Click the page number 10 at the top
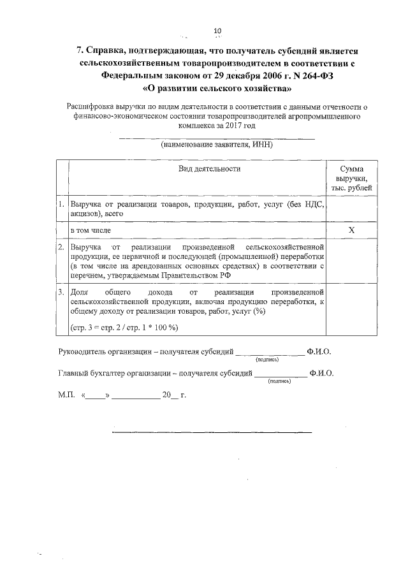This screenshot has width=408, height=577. pyautogui.click(x=217, y=31)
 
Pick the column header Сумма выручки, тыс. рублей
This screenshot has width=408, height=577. pyautogui.click(x=352, y=179)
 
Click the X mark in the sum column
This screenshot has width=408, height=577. pyautogui.click(x=351, y=229)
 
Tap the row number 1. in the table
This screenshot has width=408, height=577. pyautogui.click(x=61, y=205)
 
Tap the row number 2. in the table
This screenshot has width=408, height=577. pyautogui.click(x=61, y=246)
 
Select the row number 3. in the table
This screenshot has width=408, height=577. pyautogui.click(x=61, y=292)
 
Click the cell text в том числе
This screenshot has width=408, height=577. pyautogui.click(x=92, y=229)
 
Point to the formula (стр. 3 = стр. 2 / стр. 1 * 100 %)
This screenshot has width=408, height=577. pyautogui.click(x=124, y=327)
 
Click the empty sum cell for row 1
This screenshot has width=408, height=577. pyautogui.click(x=351, y=209)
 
